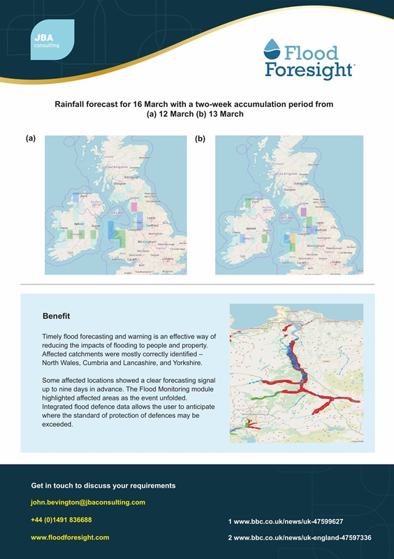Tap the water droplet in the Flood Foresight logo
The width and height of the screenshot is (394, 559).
pos(273,50)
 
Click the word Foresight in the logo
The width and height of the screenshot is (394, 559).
pos(309,70)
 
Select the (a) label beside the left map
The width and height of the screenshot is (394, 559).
pos(30,138)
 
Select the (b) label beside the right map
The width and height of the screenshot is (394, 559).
pos(200,138)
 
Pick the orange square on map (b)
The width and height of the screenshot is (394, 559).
pos(293,240)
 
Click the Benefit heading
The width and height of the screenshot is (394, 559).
pos(56,316)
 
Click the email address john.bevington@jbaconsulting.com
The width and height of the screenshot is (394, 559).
pos(88,502)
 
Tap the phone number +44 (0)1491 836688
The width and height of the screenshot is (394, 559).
pos(61,520)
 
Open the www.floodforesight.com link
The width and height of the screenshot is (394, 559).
pos(70,537)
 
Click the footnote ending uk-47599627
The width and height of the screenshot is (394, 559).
pos(285,521)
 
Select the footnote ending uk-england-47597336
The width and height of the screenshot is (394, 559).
pos(299,537)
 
